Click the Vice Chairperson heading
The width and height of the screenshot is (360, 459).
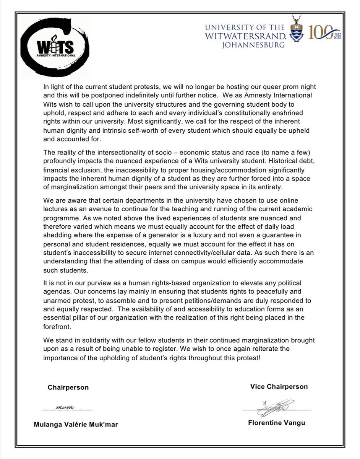(279, 386)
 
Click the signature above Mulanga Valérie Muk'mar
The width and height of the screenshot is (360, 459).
(68, 408)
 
